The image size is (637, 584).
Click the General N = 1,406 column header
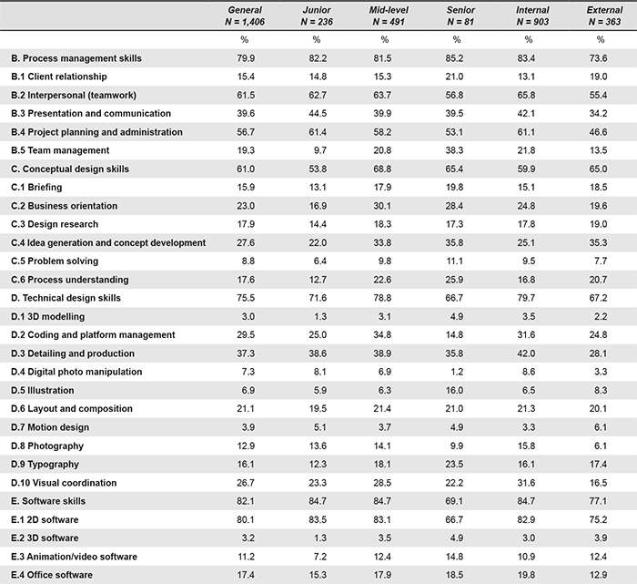(x=245, y=15)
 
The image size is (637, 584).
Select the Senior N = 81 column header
(x=460, y=15)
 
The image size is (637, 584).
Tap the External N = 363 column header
(x=604, y=15)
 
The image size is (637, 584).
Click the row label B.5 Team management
(x=60, y=150)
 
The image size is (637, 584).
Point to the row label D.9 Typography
(x=45, y=465)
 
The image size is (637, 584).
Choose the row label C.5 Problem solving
(x=55, y=261)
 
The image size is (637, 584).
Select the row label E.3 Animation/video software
(x=74, y=557)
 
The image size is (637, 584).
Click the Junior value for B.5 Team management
(x=319, y=150)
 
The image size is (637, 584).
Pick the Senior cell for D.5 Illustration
(x=454, y=391)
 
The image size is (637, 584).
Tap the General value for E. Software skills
(x=246, y=501)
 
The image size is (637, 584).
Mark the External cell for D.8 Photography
(x=601, y=446)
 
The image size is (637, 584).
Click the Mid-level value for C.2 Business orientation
(x=382, y=206)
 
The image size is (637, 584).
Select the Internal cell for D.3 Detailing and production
(x=526, y=353)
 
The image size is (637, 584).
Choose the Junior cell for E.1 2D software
(x=318, y=519)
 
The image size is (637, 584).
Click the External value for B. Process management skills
(x=599, y=58)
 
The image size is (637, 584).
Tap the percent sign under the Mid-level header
(x=385, y=39)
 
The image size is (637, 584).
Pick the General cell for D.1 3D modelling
(x=248, y=316)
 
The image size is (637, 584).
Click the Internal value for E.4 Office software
(x=526, y=575)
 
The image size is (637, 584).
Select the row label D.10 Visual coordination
(x=64, y=483)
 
